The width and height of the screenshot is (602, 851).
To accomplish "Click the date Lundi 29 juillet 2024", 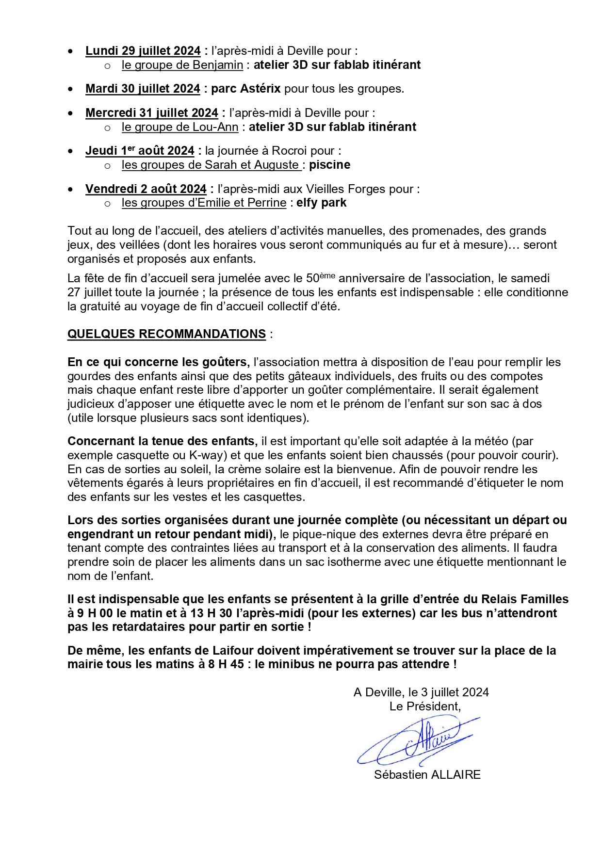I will pos(143,51).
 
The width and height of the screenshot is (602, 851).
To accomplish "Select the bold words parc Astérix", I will pos(246,89).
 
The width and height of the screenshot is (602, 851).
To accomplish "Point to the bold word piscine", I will pos(329,165).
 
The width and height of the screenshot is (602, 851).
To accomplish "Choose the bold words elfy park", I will pos(321,203).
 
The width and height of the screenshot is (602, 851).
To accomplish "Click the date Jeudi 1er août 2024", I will pos(140,151).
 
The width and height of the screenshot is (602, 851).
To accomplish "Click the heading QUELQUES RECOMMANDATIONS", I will pos(166,334).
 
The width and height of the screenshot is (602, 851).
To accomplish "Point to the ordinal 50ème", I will pos(320,278).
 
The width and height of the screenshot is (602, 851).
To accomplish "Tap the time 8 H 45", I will pos(226,664).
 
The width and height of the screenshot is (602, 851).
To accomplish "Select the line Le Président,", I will pos(425,706).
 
